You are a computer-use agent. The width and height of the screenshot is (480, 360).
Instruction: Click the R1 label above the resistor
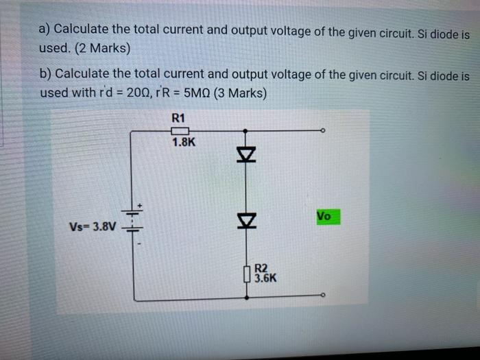pos(178,117)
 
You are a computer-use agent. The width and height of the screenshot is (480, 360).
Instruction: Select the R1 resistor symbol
pos(179,130)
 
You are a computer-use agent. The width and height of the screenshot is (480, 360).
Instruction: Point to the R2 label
pos(261,269)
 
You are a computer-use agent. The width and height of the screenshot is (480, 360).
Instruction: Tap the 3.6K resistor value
pos(265,279)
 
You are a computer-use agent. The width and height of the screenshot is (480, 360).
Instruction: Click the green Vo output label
pos(324,216)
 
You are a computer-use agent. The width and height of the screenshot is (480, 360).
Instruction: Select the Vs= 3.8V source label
pos(93,227)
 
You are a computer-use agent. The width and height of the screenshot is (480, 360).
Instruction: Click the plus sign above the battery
pos(141,203)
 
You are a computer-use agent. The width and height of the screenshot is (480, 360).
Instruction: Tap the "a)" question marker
pos(45,30)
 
